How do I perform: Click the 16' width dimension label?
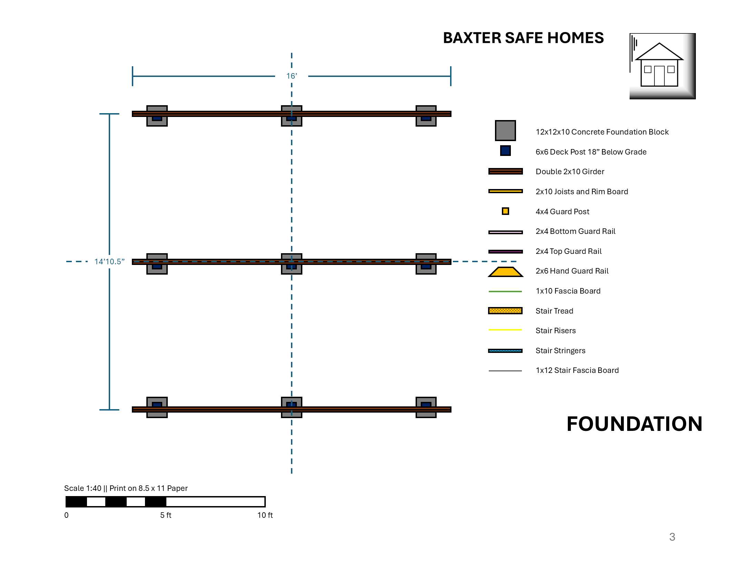[x=291, y=76]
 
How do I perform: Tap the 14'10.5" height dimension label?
[x=109, y=261]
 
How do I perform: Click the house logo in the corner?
[x=662, y=66]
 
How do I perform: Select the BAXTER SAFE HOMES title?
[x=523, y=38]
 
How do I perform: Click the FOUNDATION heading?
[x=634, y=424]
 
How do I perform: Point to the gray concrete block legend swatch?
[x=505, y=130]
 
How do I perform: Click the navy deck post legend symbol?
[x=505, y=151]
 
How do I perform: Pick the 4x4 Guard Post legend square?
[x=505, y=211]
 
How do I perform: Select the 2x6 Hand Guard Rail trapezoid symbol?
[x=505, y=272]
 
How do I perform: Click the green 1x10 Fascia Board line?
[x=505, y=292]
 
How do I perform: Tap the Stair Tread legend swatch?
[x=505, y=311]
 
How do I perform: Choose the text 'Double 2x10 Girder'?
[x=570, y=171]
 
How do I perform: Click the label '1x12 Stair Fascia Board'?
[x=577, y=370]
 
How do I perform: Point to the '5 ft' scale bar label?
[x=166, y=515]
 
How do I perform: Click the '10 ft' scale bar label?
[x=265, y=515]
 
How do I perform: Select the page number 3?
[x=672, y=537]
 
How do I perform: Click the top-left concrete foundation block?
[x=157, y=116]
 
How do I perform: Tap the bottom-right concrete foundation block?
[x=426, y=407]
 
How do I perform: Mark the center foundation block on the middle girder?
[x=292, y=264]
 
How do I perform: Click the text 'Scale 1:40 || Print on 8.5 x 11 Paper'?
[x=126, y=488]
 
